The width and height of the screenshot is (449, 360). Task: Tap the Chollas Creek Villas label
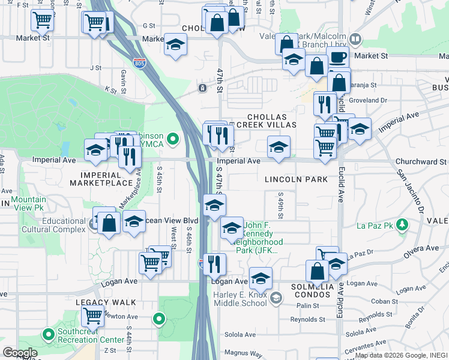click(271, 121)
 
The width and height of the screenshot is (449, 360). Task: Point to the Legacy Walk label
click(106, 302)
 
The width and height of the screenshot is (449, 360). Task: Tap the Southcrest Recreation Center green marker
click(48, 334)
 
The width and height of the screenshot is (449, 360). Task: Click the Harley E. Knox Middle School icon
click(276, 298)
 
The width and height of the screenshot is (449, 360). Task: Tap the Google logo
click(20, 353)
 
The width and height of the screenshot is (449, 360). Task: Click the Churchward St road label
click(421, 161)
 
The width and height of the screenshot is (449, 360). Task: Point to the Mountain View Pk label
click(28, 204)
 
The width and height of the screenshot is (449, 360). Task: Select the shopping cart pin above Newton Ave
click(93, 315)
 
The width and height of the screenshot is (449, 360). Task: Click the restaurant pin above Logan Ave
click(214, 264)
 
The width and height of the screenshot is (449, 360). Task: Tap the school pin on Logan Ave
click(261, 279)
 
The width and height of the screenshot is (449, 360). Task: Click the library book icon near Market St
click(355, 40)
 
